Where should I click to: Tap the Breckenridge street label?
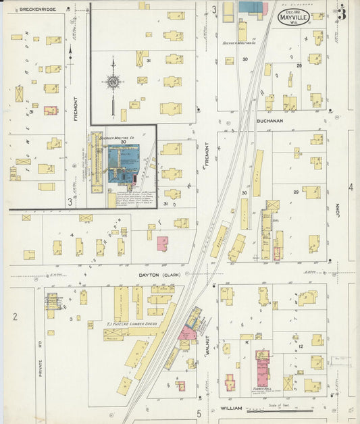pos(37,9)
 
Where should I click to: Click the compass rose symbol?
pos(113,82)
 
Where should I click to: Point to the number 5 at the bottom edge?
pos(199,413)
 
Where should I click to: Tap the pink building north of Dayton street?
pos(162,244)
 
